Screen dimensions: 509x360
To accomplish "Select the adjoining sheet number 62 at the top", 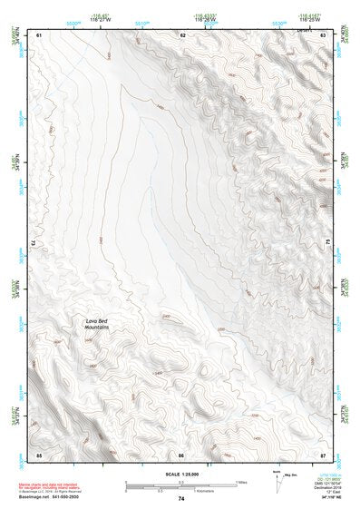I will click(x=182, y=34).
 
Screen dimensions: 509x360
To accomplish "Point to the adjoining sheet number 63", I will click(x=324, y=34).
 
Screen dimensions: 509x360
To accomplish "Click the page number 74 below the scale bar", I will click(x=181, y=498).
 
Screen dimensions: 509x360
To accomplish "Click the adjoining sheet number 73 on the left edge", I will click(x=33, y=243).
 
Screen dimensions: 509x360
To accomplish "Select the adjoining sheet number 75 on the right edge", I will click(x=328, y=243).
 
